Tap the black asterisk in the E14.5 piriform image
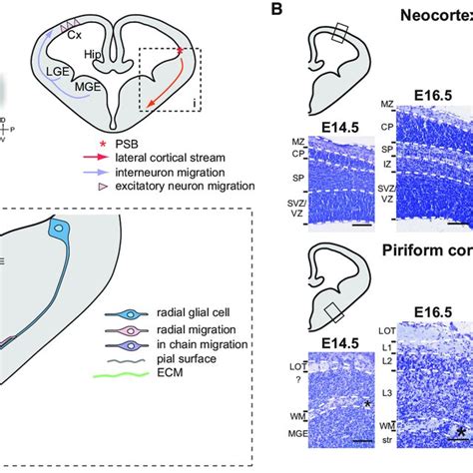pos(368,402)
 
